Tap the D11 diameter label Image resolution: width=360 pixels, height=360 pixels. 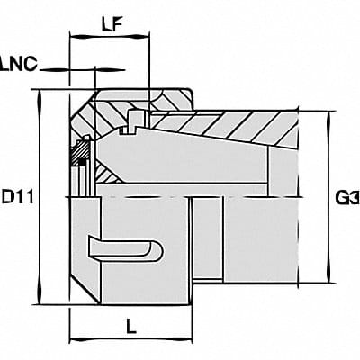point(15,194)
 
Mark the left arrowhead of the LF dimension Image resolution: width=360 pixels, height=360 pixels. point(74,39)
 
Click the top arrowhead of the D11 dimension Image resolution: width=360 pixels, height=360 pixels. point(39,94)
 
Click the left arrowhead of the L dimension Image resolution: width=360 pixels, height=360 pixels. point(74,341)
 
